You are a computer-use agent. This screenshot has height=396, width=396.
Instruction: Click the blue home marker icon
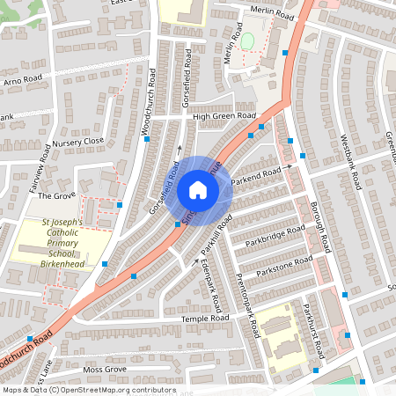click(198, 189)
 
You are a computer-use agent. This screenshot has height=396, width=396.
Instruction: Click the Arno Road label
click(22, 80)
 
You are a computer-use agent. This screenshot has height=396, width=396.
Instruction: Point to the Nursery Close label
click(77, 141)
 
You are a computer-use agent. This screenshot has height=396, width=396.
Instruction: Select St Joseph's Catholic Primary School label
click(62, 242)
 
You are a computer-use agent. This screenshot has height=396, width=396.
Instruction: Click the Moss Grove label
click(104, 370)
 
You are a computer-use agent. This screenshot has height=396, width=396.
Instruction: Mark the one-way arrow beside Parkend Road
click(288, 165)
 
